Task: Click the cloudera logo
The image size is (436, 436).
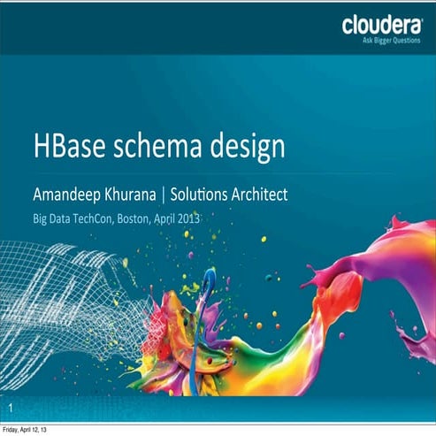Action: click(x=381, y=25)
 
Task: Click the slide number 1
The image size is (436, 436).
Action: click(x=10, y=409)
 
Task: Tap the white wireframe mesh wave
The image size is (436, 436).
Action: click(x=71, y=301)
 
